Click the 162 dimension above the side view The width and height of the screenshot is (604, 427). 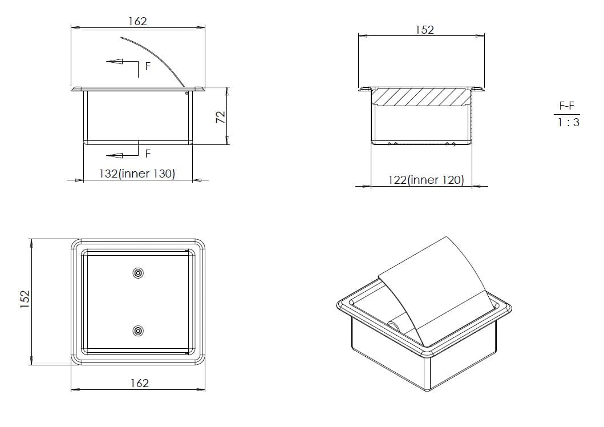click(137, 21)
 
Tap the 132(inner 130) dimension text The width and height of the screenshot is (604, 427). click(137, 174)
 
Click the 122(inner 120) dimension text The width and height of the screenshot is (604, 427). click(426, 180)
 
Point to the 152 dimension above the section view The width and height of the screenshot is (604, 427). click(424, 30)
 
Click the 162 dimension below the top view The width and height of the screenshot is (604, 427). click(139, 383)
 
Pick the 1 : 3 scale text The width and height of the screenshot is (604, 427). click(568, 122)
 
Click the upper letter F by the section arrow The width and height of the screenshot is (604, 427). click(148, 67)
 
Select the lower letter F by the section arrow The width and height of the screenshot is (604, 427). click(148, 154)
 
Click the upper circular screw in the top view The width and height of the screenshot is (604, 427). click(138, 273)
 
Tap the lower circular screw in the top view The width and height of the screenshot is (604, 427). click(138, 331)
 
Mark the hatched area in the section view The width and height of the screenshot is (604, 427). click(422, 96)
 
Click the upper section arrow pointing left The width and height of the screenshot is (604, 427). click(115, 61)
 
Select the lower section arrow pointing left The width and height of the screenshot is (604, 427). click(115, 154)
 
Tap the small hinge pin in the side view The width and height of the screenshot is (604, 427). click(187, 94)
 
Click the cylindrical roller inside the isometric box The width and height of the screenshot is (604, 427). click(395, 325)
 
